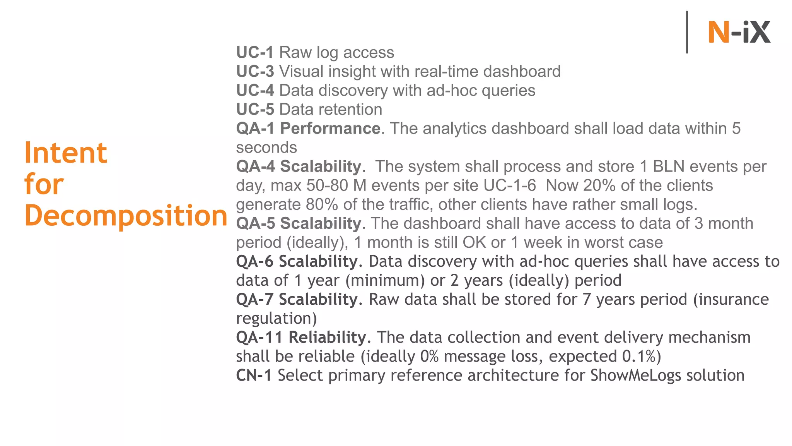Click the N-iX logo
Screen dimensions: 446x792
pyautogui.click(x=739, y=32)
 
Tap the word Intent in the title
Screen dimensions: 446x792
pyautogui.click(x=66, y=153)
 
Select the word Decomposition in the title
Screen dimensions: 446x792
pyautogui.click(x=126, y=216)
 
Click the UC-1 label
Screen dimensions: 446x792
pyautogui.click(x=255, y=52)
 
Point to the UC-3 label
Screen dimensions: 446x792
pyautogui.click(x=255, y=71)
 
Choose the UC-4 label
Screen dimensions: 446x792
pyautogui.click(x=255, y=90)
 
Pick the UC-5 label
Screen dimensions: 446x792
pyautogui.click(x=255, y=109)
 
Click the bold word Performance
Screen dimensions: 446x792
pyautogui.click(x=330, y=128)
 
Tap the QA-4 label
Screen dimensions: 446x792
pyautogui.click(x=256, y=166)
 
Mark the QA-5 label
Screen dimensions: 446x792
pyautogui.click(x=256, y=223)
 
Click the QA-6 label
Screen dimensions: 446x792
pyautogui.click(x=255, y=261)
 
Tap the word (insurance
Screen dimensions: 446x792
pyautogui.click(x=731, y=299)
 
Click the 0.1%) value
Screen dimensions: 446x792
pyautogui.click(x=642, y=356)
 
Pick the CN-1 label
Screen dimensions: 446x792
pyautogui.click(x=254, y=375)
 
